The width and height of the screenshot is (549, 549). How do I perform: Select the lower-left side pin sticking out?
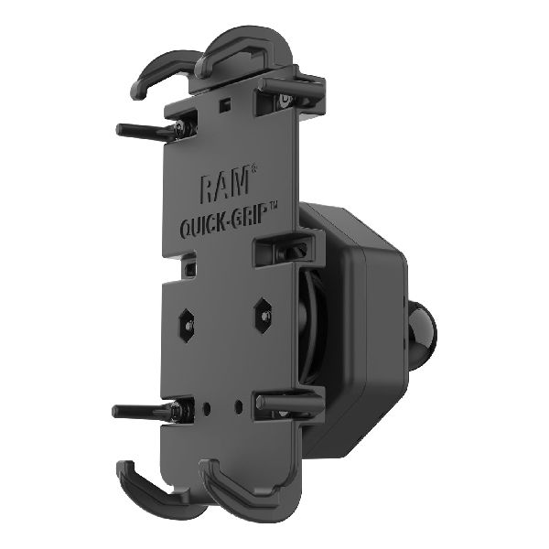pyautogui.click(x=142, y=411)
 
